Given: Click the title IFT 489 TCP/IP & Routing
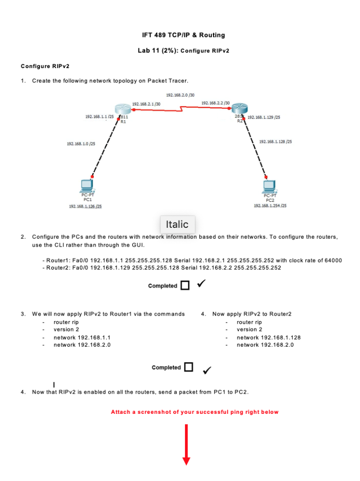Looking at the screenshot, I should (x=184, y=35).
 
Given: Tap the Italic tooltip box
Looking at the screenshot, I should (x=177, y=225).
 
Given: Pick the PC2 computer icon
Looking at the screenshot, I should (x=269, y=186).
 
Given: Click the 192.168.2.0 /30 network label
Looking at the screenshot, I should (x=180, y=95).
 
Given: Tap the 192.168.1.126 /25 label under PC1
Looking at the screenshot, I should (x=85, y=206).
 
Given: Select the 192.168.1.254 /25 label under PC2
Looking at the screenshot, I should (x=270, y=206).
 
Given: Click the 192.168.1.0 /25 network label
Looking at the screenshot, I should (x=81, y=144).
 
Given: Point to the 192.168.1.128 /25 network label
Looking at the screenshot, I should (x=275, y=141).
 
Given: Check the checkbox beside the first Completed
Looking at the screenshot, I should (x=185, y=286).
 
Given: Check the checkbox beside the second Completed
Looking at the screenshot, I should (x=188, y=367).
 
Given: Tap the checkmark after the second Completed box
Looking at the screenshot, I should (x=207, y=371).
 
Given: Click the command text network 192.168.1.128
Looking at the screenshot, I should (x=268, y=337).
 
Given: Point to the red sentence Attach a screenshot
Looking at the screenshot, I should (x=194, y=412).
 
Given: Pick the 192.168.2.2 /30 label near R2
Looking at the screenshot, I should (x=215, y=103).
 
